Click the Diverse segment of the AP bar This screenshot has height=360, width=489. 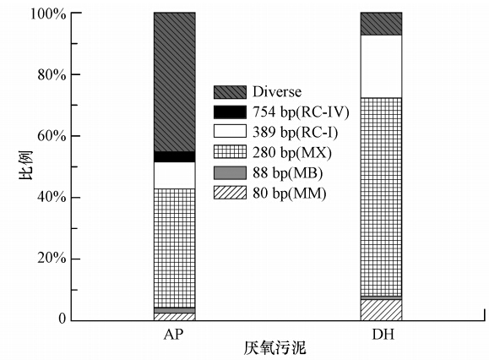[x=175, y=82]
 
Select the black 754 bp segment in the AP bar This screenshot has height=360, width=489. [x=175, y=157]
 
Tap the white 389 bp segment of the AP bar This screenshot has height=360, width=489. [x=175, y=175]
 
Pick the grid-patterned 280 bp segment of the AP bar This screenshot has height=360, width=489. [x=175, y=248]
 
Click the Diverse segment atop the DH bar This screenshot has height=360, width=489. [x=381, y=24]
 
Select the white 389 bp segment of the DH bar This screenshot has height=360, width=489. [x=381, y=67]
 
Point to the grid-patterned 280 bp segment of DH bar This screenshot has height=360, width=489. [x=381, y=197]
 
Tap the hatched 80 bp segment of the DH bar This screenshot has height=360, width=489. [x=381, y=310]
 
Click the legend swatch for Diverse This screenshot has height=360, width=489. [x=230, y=92]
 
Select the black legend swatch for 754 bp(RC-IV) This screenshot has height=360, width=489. [x=230, y=112]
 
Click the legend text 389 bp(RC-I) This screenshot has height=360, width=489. [x=296, y=133]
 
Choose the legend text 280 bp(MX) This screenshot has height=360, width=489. [x=292, y=153]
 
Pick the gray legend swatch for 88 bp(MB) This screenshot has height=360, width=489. [x=230, y=173]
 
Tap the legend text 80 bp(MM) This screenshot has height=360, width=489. [x=290, y=194]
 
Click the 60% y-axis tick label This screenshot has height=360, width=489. [x=52, y=137]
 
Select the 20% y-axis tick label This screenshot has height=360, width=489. [x=52, y=259]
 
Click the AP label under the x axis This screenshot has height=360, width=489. [x=174, y=335]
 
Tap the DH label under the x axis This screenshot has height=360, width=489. [x=383, y=335]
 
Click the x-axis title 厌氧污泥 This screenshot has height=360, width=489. [x=274, y=348]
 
